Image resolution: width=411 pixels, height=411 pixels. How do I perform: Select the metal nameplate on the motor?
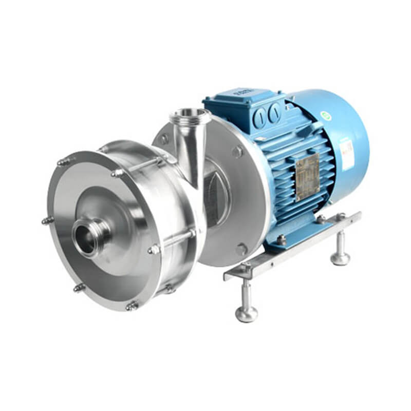pyautogui.click(x=307, y=177)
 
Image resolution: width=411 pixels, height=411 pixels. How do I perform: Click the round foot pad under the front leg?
pyautogui.click(x=247, y=314)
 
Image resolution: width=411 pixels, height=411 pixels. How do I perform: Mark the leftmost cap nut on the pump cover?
pyautogui.click(x=47, y=221)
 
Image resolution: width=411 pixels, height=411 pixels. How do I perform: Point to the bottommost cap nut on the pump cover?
pyautogui.click(x=132, y=306)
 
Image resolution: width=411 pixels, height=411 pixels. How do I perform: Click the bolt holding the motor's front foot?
pyautogui.click(x=282, y=239)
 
